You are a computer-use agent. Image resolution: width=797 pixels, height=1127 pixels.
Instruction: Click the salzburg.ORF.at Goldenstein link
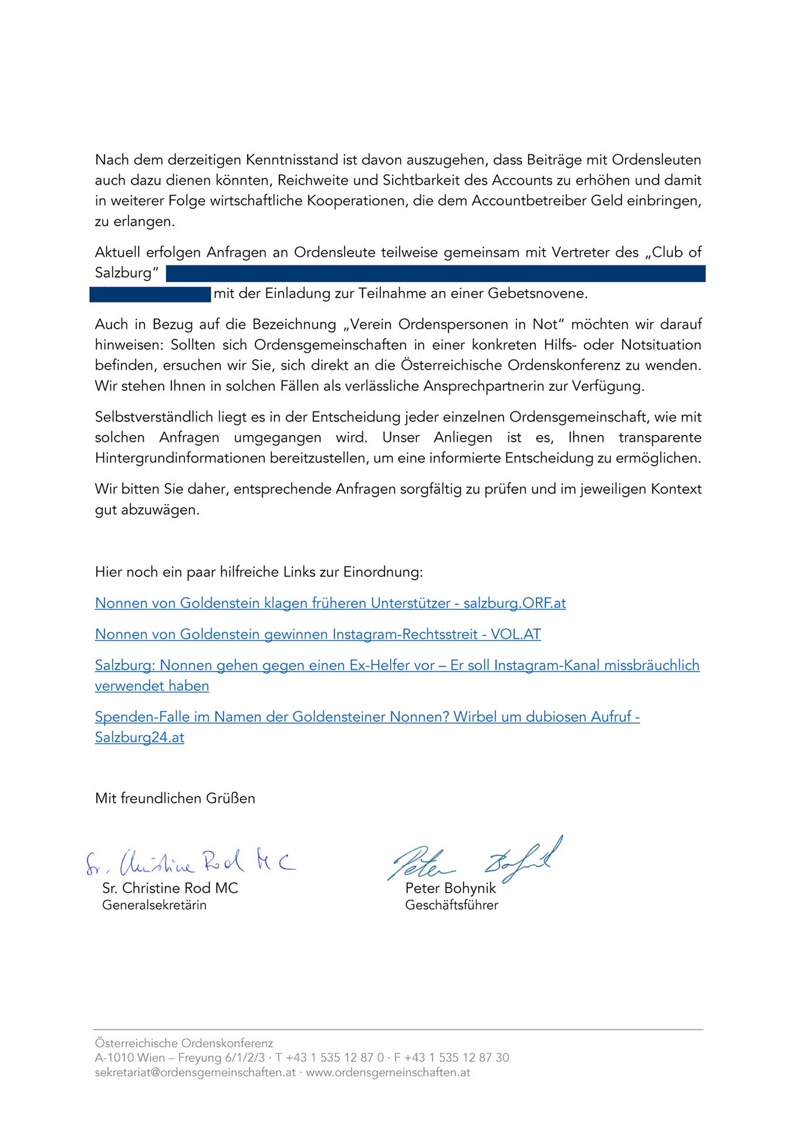[330, 603]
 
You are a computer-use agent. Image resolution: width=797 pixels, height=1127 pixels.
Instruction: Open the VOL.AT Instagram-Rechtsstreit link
[318, 635]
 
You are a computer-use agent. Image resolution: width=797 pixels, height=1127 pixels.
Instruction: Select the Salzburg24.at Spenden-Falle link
[367, 717]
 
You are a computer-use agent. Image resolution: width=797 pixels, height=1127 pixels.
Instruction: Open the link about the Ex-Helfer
[397, 666]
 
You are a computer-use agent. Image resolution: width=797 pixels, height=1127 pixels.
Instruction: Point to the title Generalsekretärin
[154, 905]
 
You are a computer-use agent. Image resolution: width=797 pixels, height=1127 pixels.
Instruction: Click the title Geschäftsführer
[451, 905]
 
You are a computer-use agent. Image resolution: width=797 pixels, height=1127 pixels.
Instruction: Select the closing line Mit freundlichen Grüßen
[175, 798]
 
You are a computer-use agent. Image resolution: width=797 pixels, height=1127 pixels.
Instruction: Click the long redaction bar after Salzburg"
[435, 274]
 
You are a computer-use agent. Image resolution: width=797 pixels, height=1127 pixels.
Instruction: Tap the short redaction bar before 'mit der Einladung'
[150, 294]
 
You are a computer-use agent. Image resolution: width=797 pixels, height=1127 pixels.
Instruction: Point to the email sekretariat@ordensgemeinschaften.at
[195, 1072]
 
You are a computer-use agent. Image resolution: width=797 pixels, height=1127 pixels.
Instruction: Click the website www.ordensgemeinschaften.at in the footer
[388, 1072]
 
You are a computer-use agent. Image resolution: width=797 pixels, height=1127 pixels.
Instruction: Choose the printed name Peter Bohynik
[450, 888]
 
